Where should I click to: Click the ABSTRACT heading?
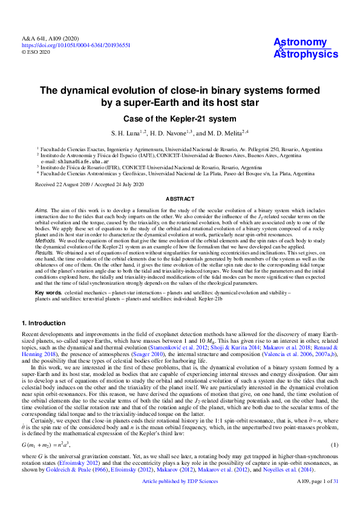tap(180, 199)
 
